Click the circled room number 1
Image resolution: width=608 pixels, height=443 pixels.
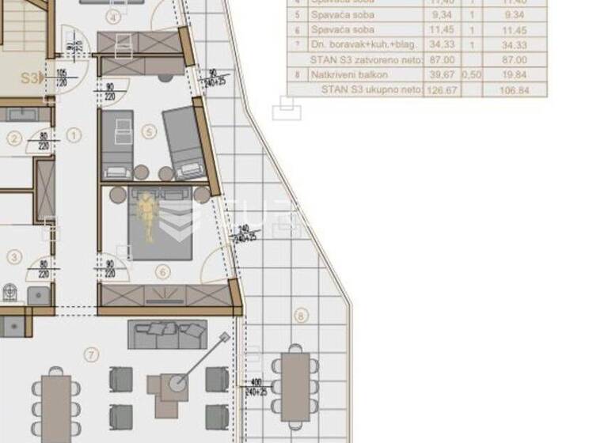(x=74, y=135)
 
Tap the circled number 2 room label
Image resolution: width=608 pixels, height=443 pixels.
(x=13, y=139)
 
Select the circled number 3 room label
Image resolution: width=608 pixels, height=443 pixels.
(x=13, y=256)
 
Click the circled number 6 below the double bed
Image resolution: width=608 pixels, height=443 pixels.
(x=163, y=273)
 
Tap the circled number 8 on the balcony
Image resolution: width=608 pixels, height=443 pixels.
(x=300, y=316)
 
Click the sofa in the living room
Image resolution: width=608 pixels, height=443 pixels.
(x=167, y=335)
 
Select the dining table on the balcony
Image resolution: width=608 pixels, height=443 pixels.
(x=295, y=386)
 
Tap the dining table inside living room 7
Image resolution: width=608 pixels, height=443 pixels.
(x=56, y=408)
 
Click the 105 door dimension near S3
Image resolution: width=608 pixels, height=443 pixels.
(x=61, y=74)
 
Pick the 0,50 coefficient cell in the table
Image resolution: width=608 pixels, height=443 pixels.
(x=473, y=74)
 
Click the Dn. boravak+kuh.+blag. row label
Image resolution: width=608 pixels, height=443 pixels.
(x=352, y=45)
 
